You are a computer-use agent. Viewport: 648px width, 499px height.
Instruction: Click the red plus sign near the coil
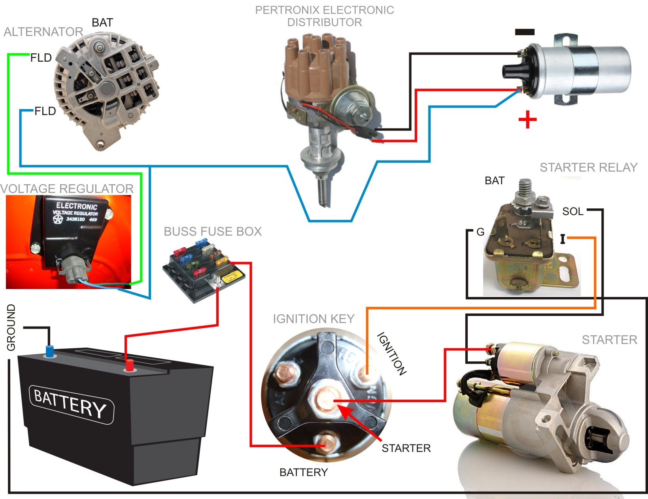pos(527,119)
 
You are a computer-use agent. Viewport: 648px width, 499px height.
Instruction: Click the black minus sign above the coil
pos(525,32)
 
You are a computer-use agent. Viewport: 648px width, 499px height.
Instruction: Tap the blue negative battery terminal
pos(49,351)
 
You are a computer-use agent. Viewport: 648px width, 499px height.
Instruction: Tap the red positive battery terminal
pos(129,365)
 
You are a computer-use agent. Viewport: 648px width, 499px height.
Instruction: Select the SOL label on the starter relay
pos(572,212)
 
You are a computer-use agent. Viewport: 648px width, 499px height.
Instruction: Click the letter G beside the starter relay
pos(480,232)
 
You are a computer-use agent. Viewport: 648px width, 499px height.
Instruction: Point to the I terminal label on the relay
pos(563,239)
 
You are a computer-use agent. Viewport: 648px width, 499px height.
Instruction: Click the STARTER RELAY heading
pos(588,168)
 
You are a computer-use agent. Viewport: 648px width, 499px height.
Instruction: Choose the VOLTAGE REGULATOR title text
pos(67,189)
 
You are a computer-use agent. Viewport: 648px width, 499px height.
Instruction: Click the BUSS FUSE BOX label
pos(213,231)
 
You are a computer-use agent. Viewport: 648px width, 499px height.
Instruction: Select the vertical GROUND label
pos(11,327)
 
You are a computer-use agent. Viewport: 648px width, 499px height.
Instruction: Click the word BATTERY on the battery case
pos(70,403)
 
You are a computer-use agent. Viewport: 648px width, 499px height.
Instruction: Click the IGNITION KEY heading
pos(314,319)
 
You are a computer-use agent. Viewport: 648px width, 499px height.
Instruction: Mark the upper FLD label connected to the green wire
pos(41,58)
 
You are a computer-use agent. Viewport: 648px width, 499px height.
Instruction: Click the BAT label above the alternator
pos(102,23)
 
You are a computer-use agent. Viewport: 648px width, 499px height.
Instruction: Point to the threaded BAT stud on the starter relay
pos(526,187)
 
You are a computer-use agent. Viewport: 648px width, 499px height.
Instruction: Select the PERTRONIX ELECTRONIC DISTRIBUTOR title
pos(324,16)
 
